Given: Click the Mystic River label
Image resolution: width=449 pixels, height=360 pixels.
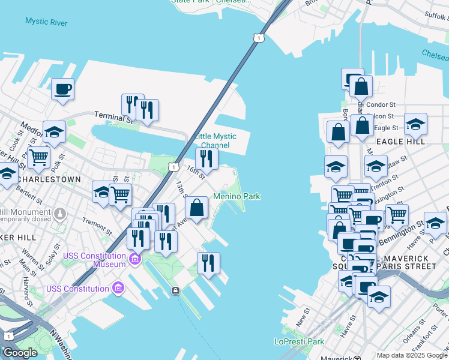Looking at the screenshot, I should pyautogui.click(x=46, y=22).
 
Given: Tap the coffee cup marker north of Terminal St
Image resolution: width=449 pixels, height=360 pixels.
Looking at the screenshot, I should pyautogui.click(x=62, y=90).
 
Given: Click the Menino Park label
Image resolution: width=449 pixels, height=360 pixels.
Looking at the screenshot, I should pyautogui.click(x=237, y=196).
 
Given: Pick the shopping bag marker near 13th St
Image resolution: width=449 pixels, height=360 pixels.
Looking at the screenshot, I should pyautogui.click(x=197, y=208).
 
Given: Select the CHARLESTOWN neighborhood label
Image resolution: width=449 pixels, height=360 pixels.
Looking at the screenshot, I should pyautogui.click(x=49, y=179).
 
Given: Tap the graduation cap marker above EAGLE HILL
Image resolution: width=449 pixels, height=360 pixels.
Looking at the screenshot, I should pyautogui.click(x=415, y=125).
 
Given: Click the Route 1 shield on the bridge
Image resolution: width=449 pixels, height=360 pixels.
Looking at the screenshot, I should pyautogui.click(x=258, y=38).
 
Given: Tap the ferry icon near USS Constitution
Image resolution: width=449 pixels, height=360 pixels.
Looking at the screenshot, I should pyautogui.click(x=175, y=291).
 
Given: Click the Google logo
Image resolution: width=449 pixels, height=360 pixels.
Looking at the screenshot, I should pyautogui.click(x=20, y=353).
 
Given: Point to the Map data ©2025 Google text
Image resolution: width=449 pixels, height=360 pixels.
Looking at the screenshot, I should pyautogui.click(x=412, y=355).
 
